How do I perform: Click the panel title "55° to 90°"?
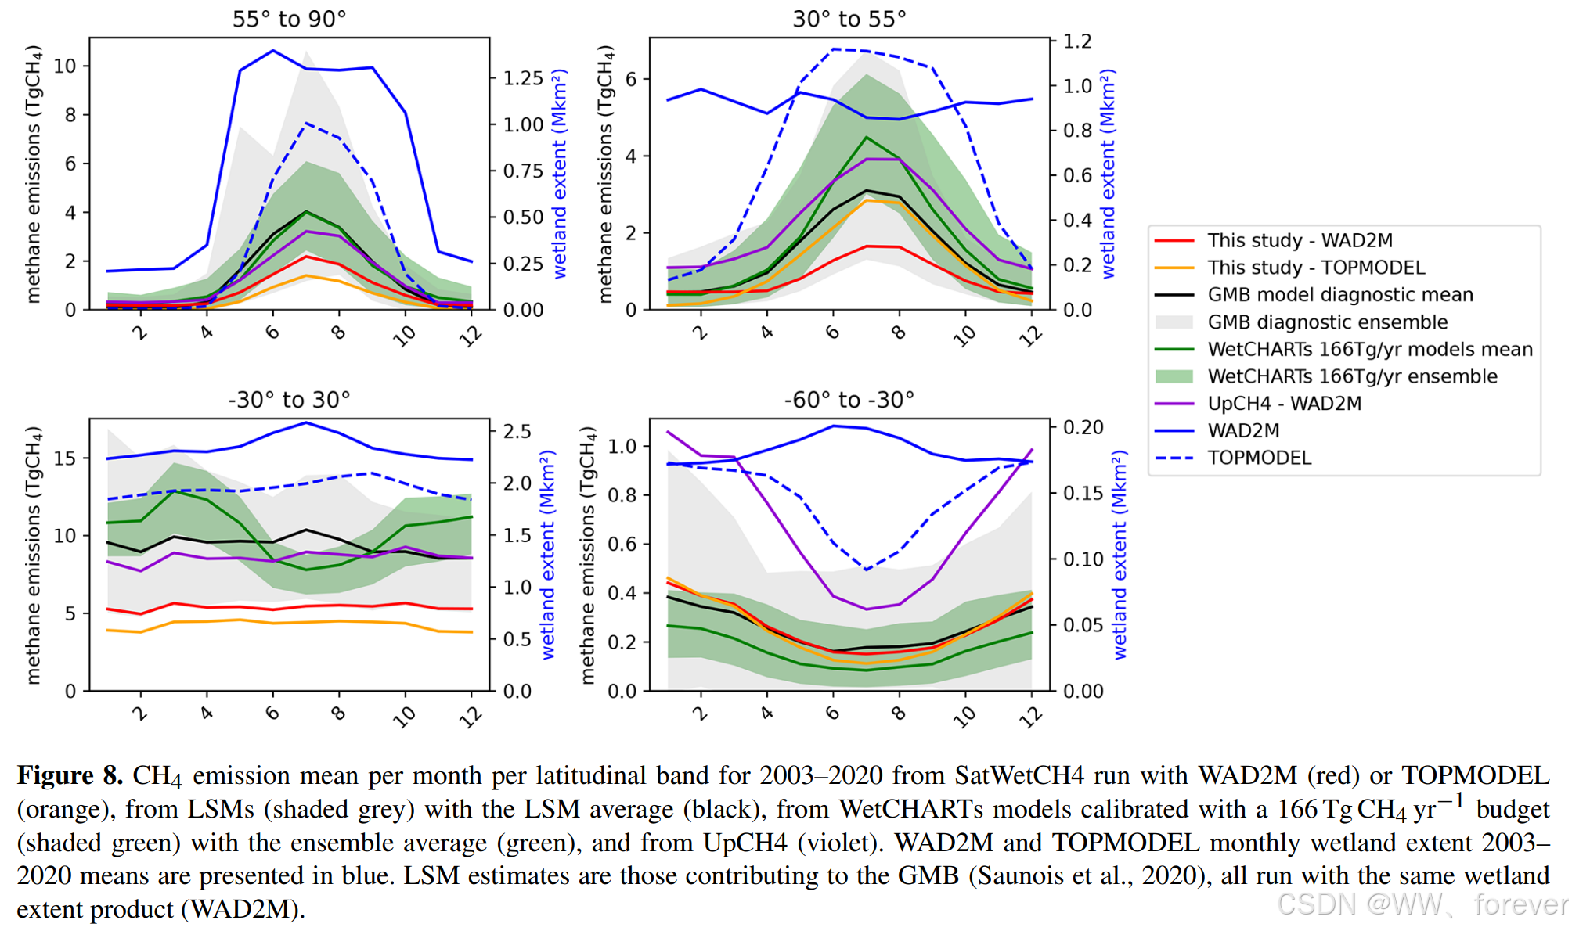(289, 19)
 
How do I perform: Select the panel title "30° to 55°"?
(849, 19)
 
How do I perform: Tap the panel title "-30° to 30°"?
(289, 400)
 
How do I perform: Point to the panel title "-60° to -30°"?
(849, 400)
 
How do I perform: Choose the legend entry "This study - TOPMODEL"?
(1315, 268)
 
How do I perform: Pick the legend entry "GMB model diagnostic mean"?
(1339, 295)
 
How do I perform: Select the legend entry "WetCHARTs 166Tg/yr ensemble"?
(1352, 376)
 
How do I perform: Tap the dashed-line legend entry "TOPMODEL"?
(1259, 458)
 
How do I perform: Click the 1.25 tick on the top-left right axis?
(523, 78)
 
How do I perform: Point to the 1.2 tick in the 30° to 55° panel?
(1077, 41)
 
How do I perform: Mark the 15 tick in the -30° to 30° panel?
(65, 458)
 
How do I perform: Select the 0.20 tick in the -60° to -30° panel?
(1083, 427)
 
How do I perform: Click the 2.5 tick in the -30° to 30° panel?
(517, 432)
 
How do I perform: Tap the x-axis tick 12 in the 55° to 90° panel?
(471, 336)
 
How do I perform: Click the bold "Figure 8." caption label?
(70, 775)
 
